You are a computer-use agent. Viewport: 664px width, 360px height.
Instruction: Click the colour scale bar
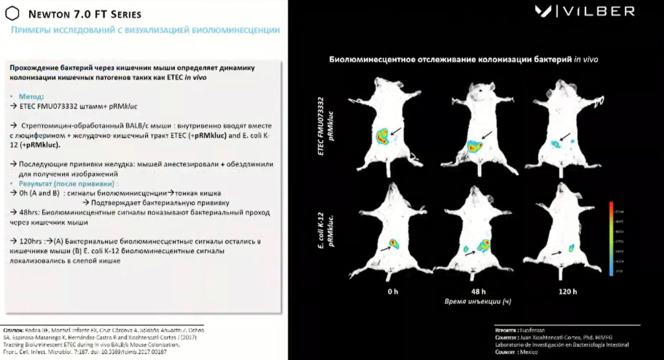point(611,239)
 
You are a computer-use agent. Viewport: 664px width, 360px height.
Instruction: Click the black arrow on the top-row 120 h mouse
point(566,136)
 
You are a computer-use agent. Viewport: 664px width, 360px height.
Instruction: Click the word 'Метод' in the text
point(32,95)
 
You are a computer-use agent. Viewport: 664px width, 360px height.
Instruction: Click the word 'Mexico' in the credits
point(530,352)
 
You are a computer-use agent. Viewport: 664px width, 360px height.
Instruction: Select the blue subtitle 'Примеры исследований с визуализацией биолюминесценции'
point(146,30)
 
